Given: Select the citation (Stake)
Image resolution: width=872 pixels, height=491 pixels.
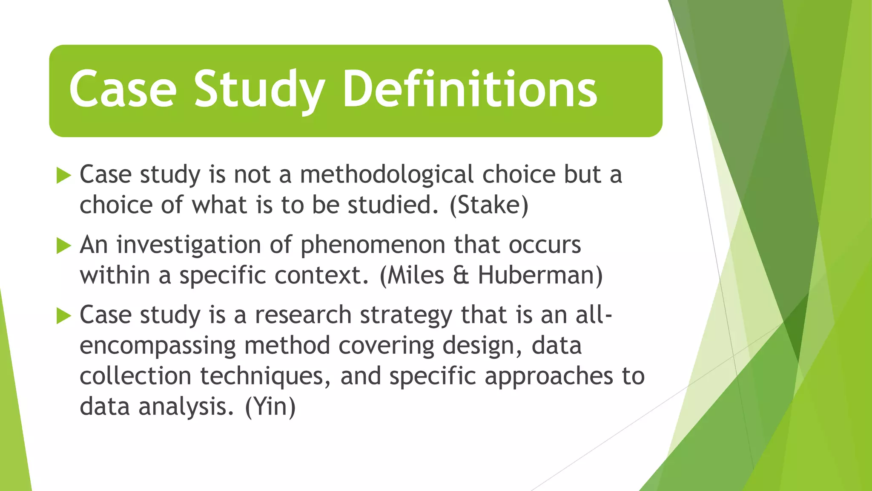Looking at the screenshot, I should (x=489, y=205).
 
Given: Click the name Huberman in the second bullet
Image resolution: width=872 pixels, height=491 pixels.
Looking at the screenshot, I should (x=540, y=275).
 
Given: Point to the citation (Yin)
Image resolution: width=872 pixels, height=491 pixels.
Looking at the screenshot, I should (x=270, y=406).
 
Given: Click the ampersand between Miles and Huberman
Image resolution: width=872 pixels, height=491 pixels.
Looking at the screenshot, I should (x=461, y=275).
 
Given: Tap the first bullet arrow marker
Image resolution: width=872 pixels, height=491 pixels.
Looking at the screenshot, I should (x=63, y=175).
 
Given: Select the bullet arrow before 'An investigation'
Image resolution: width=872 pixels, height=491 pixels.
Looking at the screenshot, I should (x=63, y=245).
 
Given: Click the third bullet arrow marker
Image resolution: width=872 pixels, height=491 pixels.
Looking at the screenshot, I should (x=63, y=316).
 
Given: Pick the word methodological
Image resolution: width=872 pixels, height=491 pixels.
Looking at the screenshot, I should (x=387, y=174).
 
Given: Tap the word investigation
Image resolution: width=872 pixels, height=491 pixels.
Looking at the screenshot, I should (x=189, y=245).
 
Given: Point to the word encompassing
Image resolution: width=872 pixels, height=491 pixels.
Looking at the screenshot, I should (x=158, y=346).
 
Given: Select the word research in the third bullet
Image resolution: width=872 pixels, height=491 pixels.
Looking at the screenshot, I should (x=303, y=315).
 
